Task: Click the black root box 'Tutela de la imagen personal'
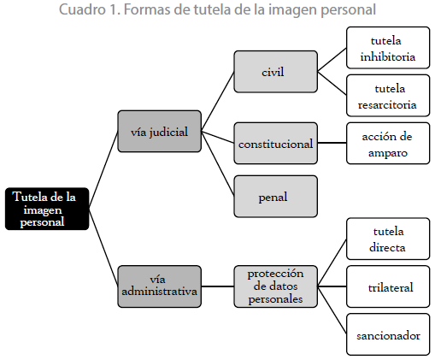[47, 209]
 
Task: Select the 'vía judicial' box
[160, 131]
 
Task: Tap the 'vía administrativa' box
[160, 286]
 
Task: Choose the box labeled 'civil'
[275, 72]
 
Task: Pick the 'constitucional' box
[275, 143]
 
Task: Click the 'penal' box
[275, 197]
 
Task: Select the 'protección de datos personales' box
[275, 286]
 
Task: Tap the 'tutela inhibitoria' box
[388, 48]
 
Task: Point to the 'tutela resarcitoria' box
[388, 96]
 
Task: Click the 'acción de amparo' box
[388, 143]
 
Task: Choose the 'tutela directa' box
[388, 239]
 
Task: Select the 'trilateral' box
[388, 286]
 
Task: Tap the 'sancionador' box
[388, 334]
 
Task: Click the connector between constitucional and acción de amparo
[332, 143]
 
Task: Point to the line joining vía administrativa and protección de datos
[218, 286]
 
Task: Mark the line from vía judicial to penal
[218, 163]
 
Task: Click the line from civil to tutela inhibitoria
[332, 60]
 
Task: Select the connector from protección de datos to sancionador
[332, 310]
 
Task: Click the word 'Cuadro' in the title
[82, 9]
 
